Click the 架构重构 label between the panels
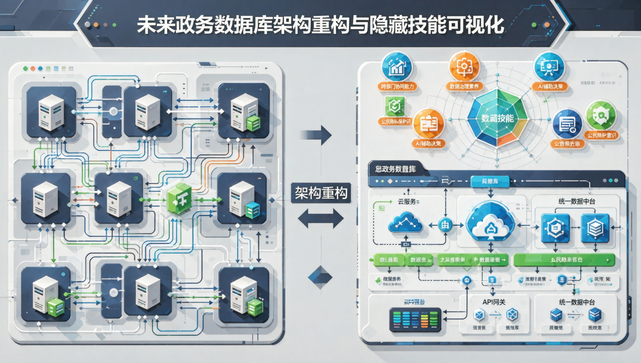pyautogui.click(x=321, y=193)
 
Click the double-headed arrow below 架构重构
pyautogui.click(x=320, y=219)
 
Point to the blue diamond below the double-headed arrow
pyautogui.click(x=320, y=277)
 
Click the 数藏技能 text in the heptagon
pyautogui.click(x=497, y=118)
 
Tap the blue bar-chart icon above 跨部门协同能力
pyautogui.click(x=396, y=67)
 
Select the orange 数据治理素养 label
pyautogui.click(x=464, y=87)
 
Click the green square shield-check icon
pyautogui.click(x=395, y=106)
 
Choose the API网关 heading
pyautogui.click(x=494, y=302)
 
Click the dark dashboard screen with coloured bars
pyautogui.click(x=415, y=320)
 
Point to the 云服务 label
pyautogui.click(x=407, y=202)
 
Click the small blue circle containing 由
pyautogui.click(x=445, y=225)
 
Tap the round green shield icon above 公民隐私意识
pyautogui.click(x=601, y=115)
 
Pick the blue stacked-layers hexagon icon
pyautogui.click(x=595, y=228)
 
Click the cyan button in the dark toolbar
pyautogui.click(x=490, y=181)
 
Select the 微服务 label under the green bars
pyautogui.click(x=392, y=279)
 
